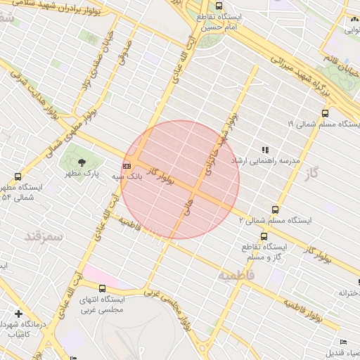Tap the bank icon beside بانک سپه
pyautogui.click(x=127, y=166)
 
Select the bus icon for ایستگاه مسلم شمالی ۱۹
pyautogui.click(x=325, y=113)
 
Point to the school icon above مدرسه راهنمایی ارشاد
pyautogui.click(x=265, y=150)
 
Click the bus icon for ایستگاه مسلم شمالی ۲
pyautogui.click(x=275, y=209)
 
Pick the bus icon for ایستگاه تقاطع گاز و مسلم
pyautogui.click(x=264, y=237)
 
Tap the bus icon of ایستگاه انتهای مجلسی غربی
pyautogui.click(x=103, y=288)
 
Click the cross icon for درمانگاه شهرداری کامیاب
pyautogui.click(x=18, y=313)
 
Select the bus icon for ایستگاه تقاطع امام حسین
pyautogui.click(x=219, y=5)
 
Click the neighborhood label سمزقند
pyautogui.click(x=44, y=236)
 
